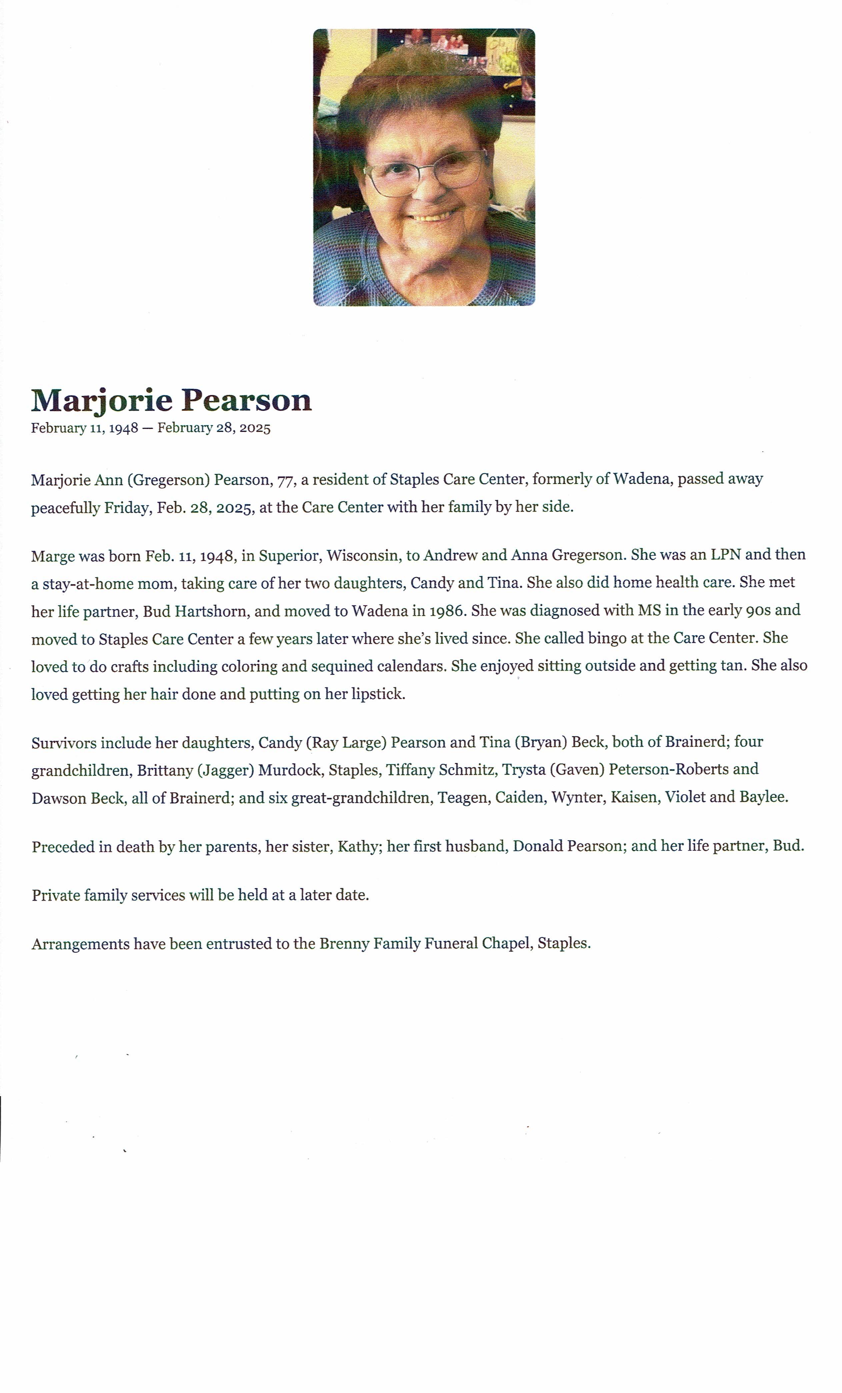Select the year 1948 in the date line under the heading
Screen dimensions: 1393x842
click(x=123, y=428)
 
